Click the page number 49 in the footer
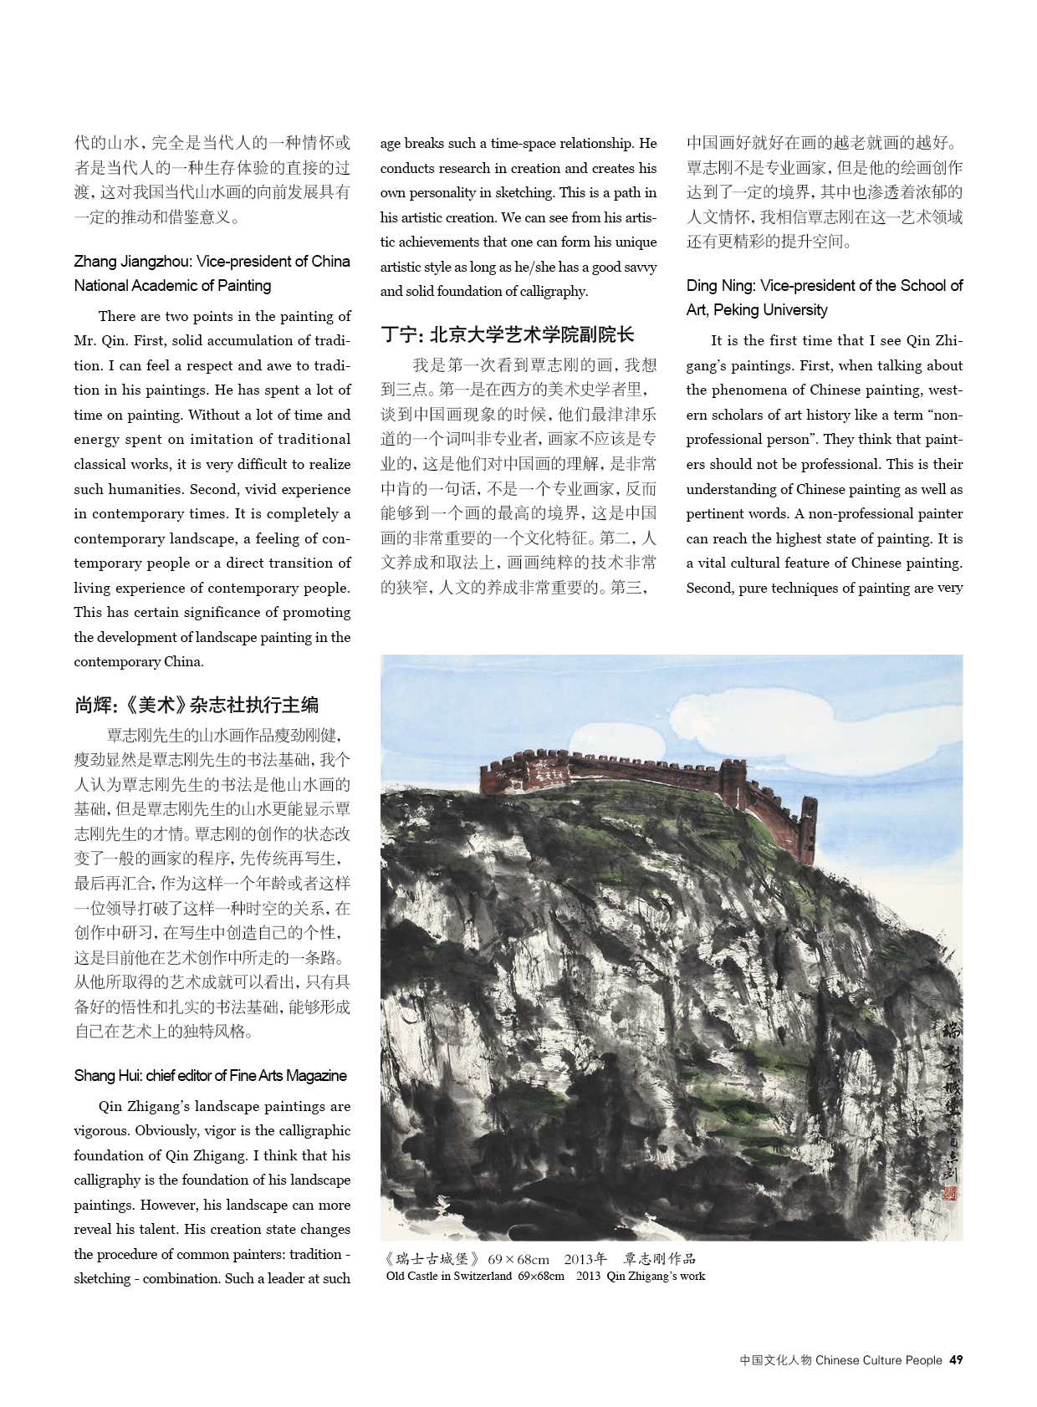coord(956,1360)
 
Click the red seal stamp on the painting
coord(949,1194)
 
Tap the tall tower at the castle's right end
coord(808,828)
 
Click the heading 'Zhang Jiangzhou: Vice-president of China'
coord(212,261)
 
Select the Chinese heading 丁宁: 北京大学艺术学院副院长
coord(507,335)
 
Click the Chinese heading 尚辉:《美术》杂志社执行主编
coord(197,705)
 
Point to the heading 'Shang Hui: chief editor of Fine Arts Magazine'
coord(210,1075)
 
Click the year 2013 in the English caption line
coord(588,1276)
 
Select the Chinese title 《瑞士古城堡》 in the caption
coord(432,1259)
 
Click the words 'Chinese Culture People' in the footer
coord(878,1360)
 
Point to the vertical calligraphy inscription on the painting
coord(950,1095)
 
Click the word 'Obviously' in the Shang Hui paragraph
coord(166,1130)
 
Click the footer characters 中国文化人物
coord(775,1360)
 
